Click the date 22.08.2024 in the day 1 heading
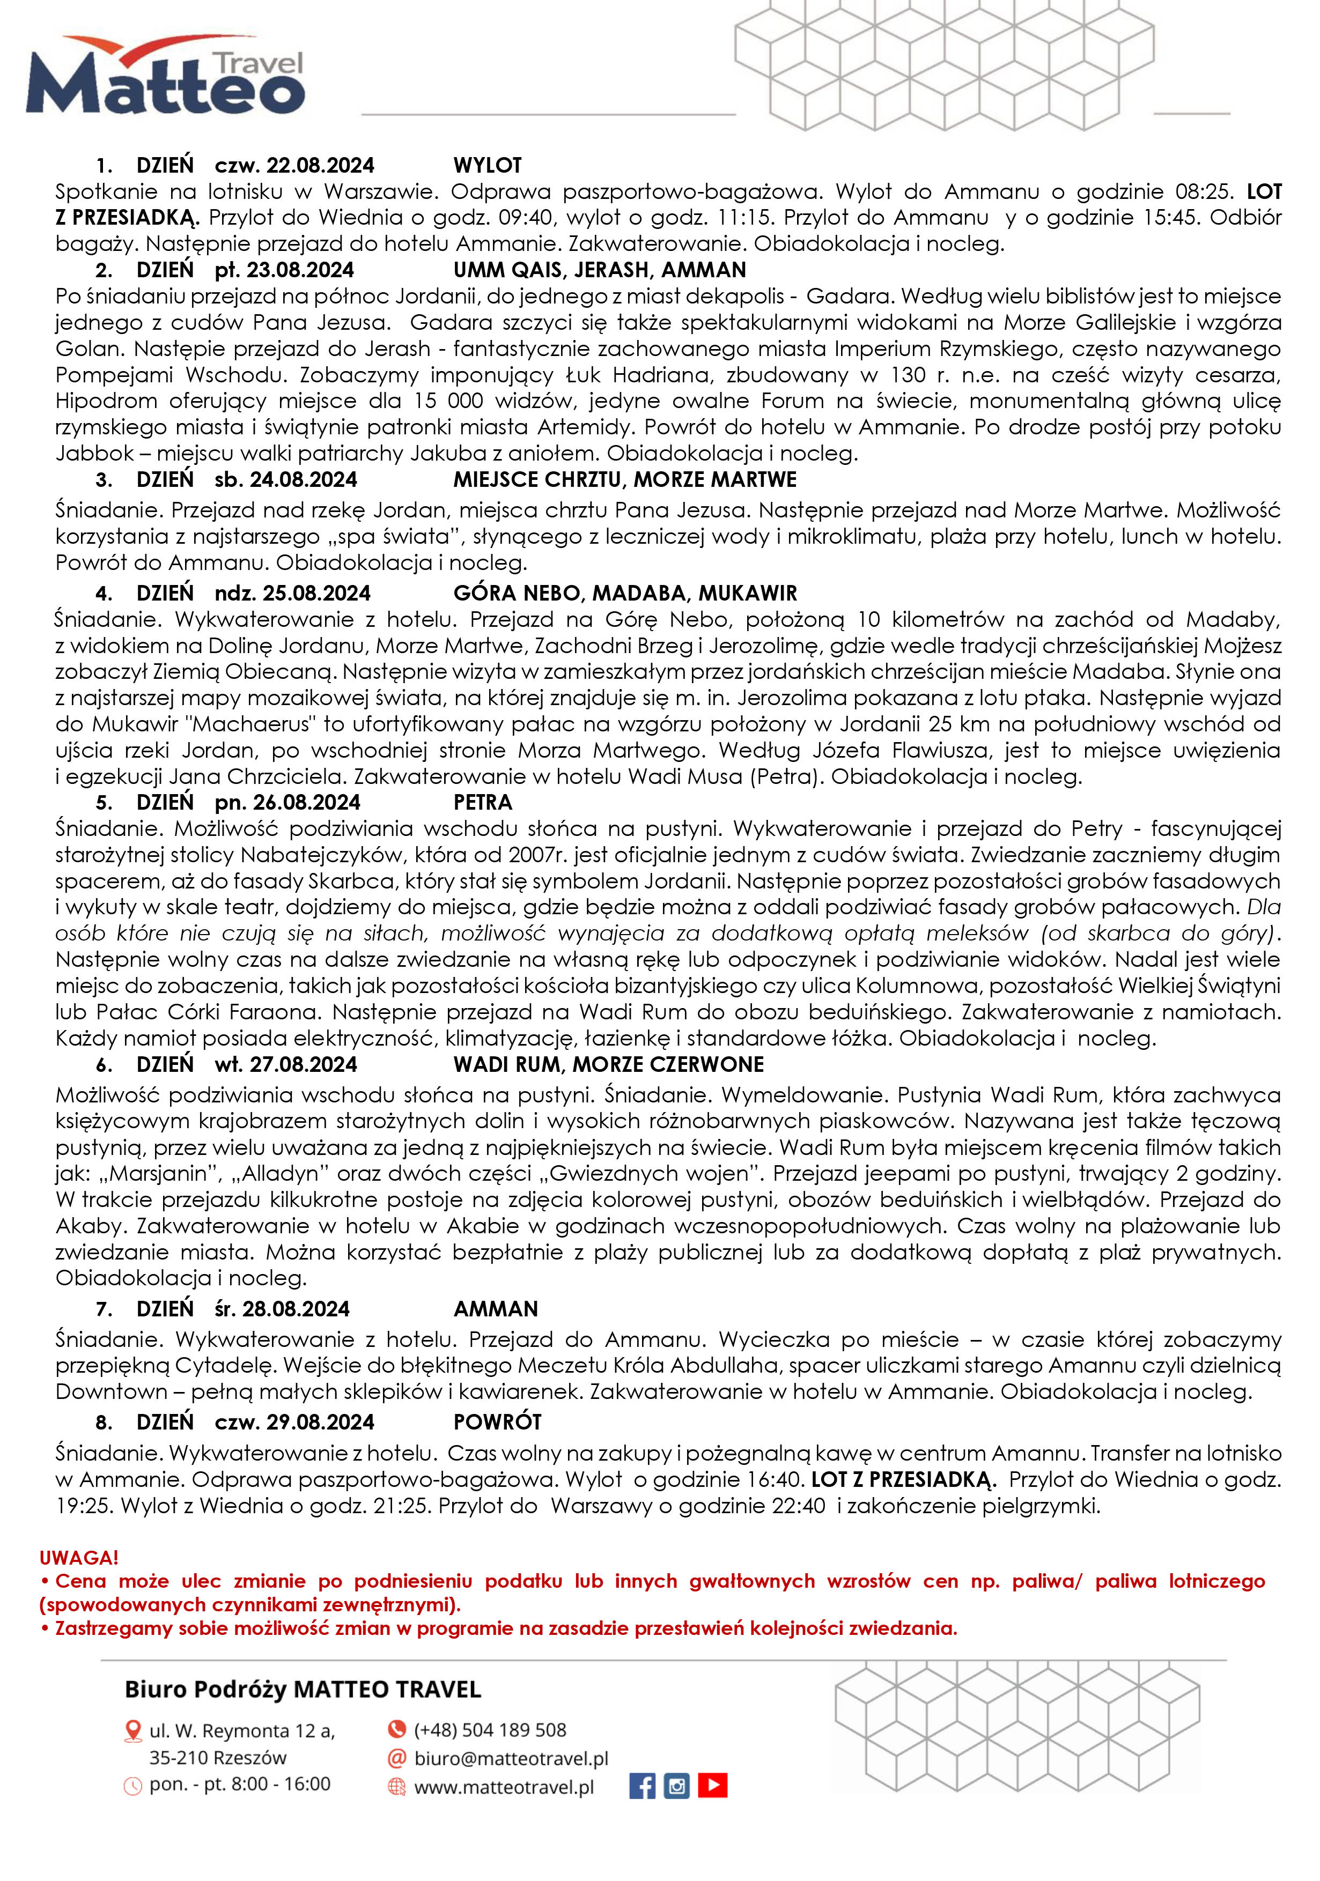(x=320, y=166)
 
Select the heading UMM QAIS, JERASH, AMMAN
(x=600, y=270)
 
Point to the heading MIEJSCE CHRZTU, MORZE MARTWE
(x=624, y=480)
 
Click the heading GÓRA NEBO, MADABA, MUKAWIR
(x=624, y=593)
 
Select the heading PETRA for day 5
(x=483, y=803)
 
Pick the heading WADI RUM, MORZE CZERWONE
(x=608, y=1065)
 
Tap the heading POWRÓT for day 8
(x=497, y=1422)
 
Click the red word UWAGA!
(x=79, y=1557)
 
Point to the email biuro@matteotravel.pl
(x=511, y=1758)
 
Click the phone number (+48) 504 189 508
(x=490, y=1729)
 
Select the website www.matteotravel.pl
(x=504, y=1787)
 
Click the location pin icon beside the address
(x=132, y=1731)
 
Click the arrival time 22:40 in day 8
(x=799, y=1506)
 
